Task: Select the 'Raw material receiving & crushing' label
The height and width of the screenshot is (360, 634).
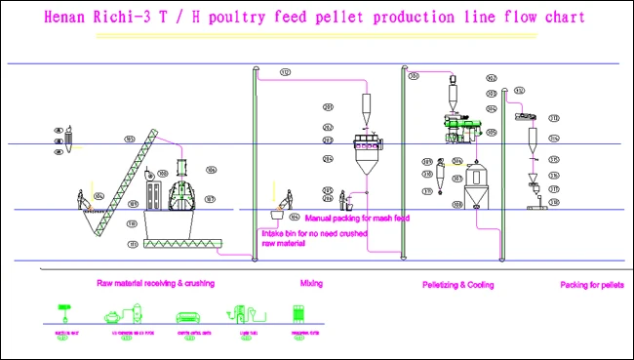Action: click(156, 284)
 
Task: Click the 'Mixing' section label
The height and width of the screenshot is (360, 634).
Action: click(312, 284)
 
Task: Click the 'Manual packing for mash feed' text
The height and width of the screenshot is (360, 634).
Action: click(357, 218)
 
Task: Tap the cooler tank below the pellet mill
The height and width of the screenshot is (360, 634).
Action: click(477, 184)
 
